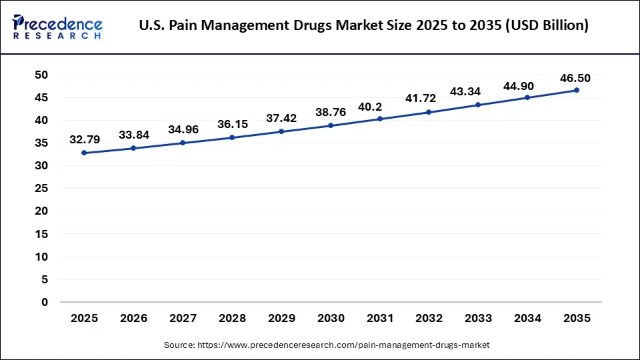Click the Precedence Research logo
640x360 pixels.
57,27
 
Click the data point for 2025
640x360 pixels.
84,153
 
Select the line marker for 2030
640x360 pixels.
331,125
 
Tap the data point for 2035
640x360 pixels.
577,90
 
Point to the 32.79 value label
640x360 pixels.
85,140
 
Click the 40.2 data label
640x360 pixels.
380,107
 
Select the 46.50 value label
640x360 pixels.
575,78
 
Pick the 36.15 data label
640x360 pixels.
232,125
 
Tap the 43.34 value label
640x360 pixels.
478,92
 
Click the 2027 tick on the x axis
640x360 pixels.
183,319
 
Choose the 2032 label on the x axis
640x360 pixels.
429,319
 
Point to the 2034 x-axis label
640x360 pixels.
527,319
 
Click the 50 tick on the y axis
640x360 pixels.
41,75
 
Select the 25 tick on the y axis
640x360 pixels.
41,189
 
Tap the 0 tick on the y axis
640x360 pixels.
45,302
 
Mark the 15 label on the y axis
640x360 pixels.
41,234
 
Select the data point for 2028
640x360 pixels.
232,137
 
